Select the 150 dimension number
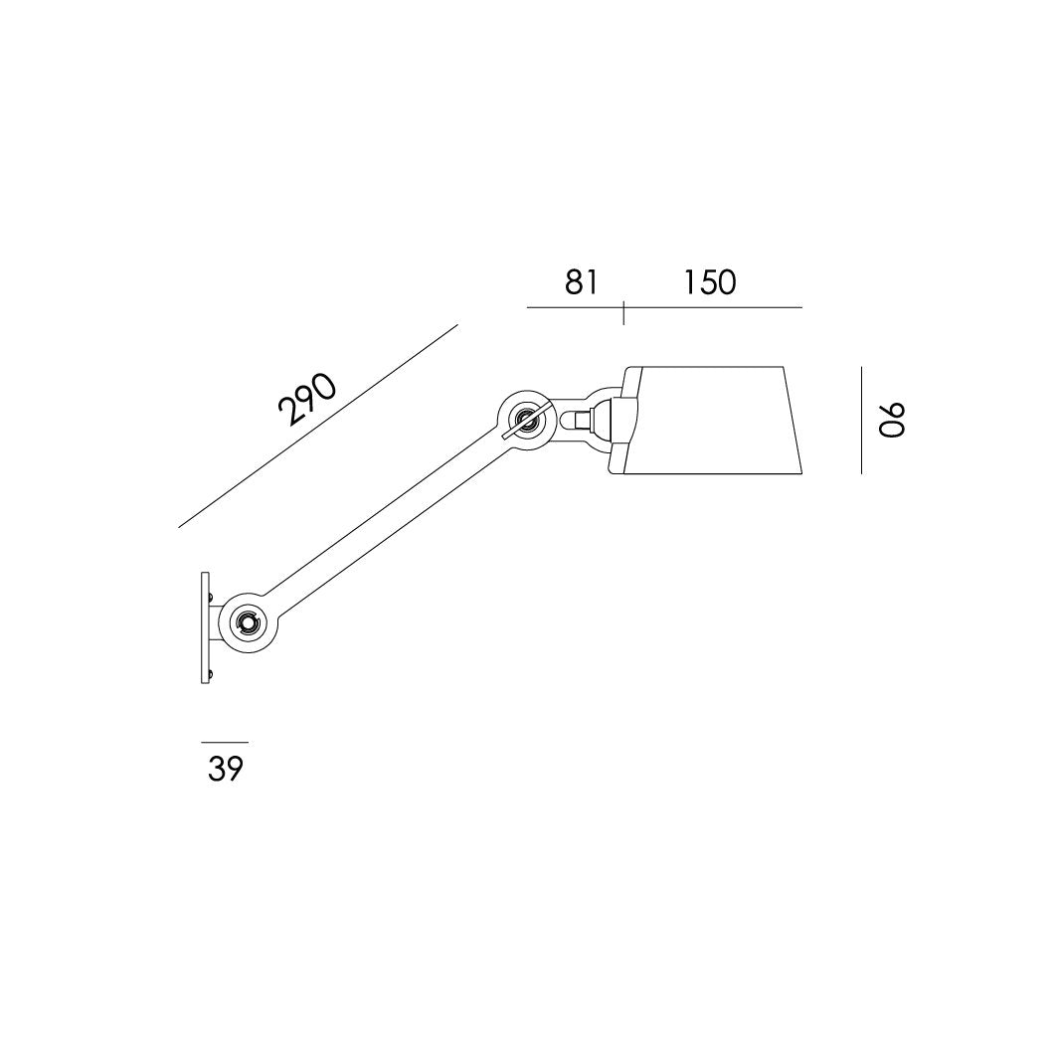709,282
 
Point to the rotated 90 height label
892,420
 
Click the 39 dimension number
226,769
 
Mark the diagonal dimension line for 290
318,426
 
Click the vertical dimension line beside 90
861,420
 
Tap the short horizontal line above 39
225,742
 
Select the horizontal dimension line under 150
712,307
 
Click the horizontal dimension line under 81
575,307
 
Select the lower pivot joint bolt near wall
245,623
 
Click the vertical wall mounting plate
204,626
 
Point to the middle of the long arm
384,522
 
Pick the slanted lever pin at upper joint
527,419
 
